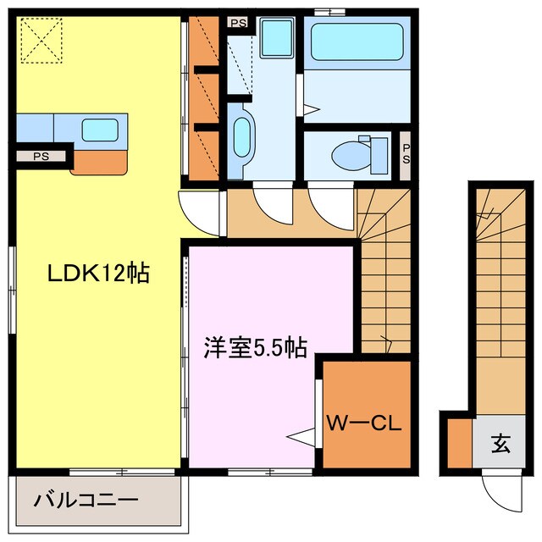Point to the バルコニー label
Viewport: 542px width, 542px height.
(x=86, y=500)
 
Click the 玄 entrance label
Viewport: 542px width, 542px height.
(x=500, y=442)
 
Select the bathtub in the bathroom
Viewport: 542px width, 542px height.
(x=357, y=42)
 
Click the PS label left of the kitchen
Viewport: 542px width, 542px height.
(x=41, y=156)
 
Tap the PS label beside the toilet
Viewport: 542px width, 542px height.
(x=406, y=154)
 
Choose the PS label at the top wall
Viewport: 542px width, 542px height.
(x=238, y=23)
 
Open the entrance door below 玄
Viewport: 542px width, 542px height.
(x=495, y=490)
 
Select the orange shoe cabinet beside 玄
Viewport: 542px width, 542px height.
(x=457, y=441)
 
